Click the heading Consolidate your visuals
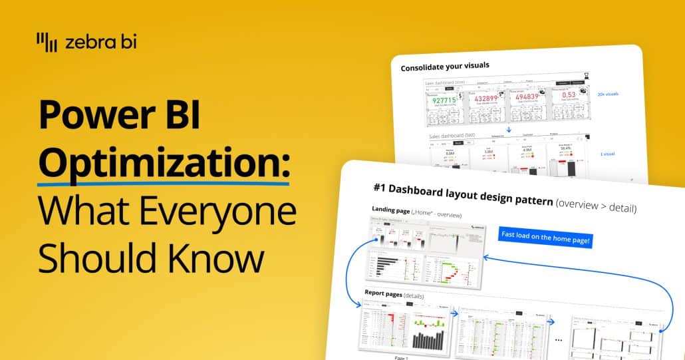(444, 67)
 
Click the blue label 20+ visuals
(607, 94)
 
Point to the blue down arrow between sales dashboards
(508, 130)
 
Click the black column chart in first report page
(428, 339)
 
